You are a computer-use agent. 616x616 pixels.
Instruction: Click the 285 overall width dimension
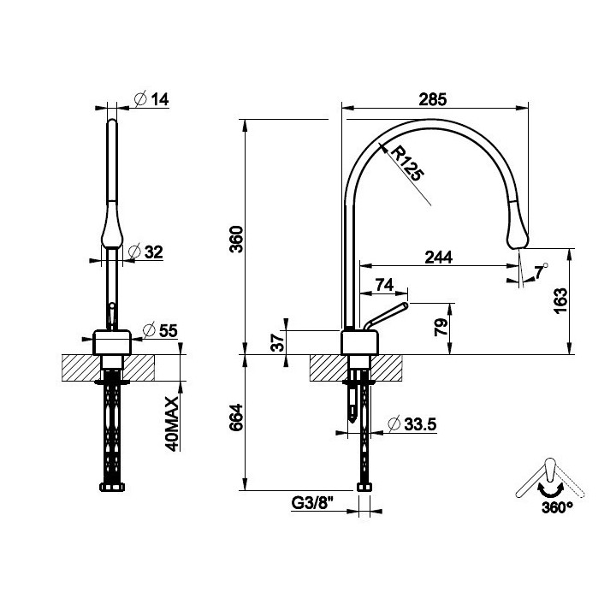point(433,99)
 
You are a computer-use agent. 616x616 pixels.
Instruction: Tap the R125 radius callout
point(407,163)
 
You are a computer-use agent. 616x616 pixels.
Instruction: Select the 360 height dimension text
point(236,239)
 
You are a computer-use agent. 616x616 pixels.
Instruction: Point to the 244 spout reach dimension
point(438,258)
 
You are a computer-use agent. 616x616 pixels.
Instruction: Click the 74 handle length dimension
point(384,285)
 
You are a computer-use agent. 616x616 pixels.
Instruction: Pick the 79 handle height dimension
point(441,327)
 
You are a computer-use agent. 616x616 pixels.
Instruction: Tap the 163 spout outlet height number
point(560,300)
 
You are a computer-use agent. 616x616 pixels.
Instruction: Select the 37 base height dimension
point(278,341)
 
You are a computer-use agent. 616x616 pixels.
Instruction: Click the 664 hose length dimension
point(236,418)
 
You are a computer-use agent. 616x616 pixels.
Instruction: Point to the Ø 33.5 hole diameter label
point(412,423)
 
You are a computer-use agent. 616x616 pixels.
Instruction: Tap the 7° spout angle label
point(541,271)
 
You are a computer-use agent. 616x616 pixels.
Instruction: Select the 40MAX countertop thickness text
point(172,423)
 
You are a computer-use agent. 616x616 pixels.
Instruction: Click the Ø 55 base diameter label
point(160,330)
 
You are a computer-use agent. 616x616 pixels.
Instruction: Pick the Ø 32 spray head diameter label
point(145,252)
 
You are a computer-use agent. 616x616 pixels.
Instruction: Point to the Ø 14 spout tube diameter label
point(151,99)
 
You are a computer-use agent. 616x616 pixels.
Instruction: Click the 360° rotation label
point(557,508)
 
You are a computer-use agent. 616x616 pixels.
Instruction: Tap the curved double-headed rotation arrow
point(551,490)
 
